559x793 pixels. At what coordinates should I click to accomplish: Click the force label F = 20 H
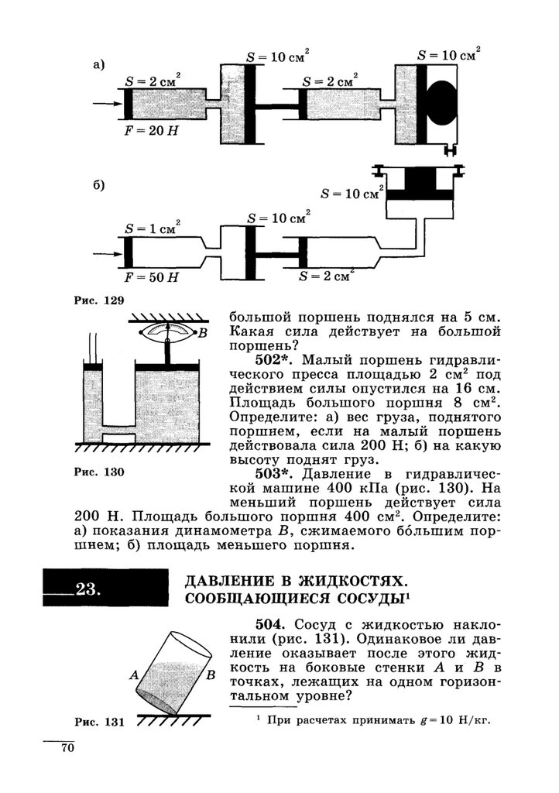click(151, 130)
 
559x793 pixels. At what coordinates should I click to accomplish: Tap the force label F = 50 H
click(151, 277)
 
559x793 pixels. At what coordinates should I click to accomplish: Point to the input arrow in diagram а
click(107, 104)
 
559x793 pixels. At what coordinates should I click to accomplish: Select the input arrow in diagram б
click(107, 252)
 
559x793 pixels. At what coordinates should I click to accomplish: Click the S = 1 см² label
click(152, 228)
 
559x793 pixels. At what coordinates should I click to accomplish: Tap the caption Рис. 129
click(99, 300)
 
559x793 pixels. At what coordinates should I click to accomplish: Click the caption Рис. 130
click(99, 472)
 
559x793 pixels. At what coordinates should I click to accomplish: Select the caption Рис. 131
click(99, 723)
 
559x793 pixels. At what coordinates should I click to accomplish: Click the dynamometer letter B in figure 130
click(202, 333)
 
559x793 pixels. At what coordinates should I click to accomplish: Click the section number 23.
click(88, 589)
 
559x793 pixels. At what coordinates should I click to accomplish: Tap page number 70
click(67, 748)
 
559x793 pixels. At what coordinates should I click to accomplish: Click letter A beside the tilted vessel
click(134, 675)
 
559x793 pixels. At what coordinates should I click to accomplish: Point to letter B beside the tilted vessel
click(211, 675)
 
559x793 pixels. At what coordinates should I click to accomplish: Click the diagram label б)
click(98, 185)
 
